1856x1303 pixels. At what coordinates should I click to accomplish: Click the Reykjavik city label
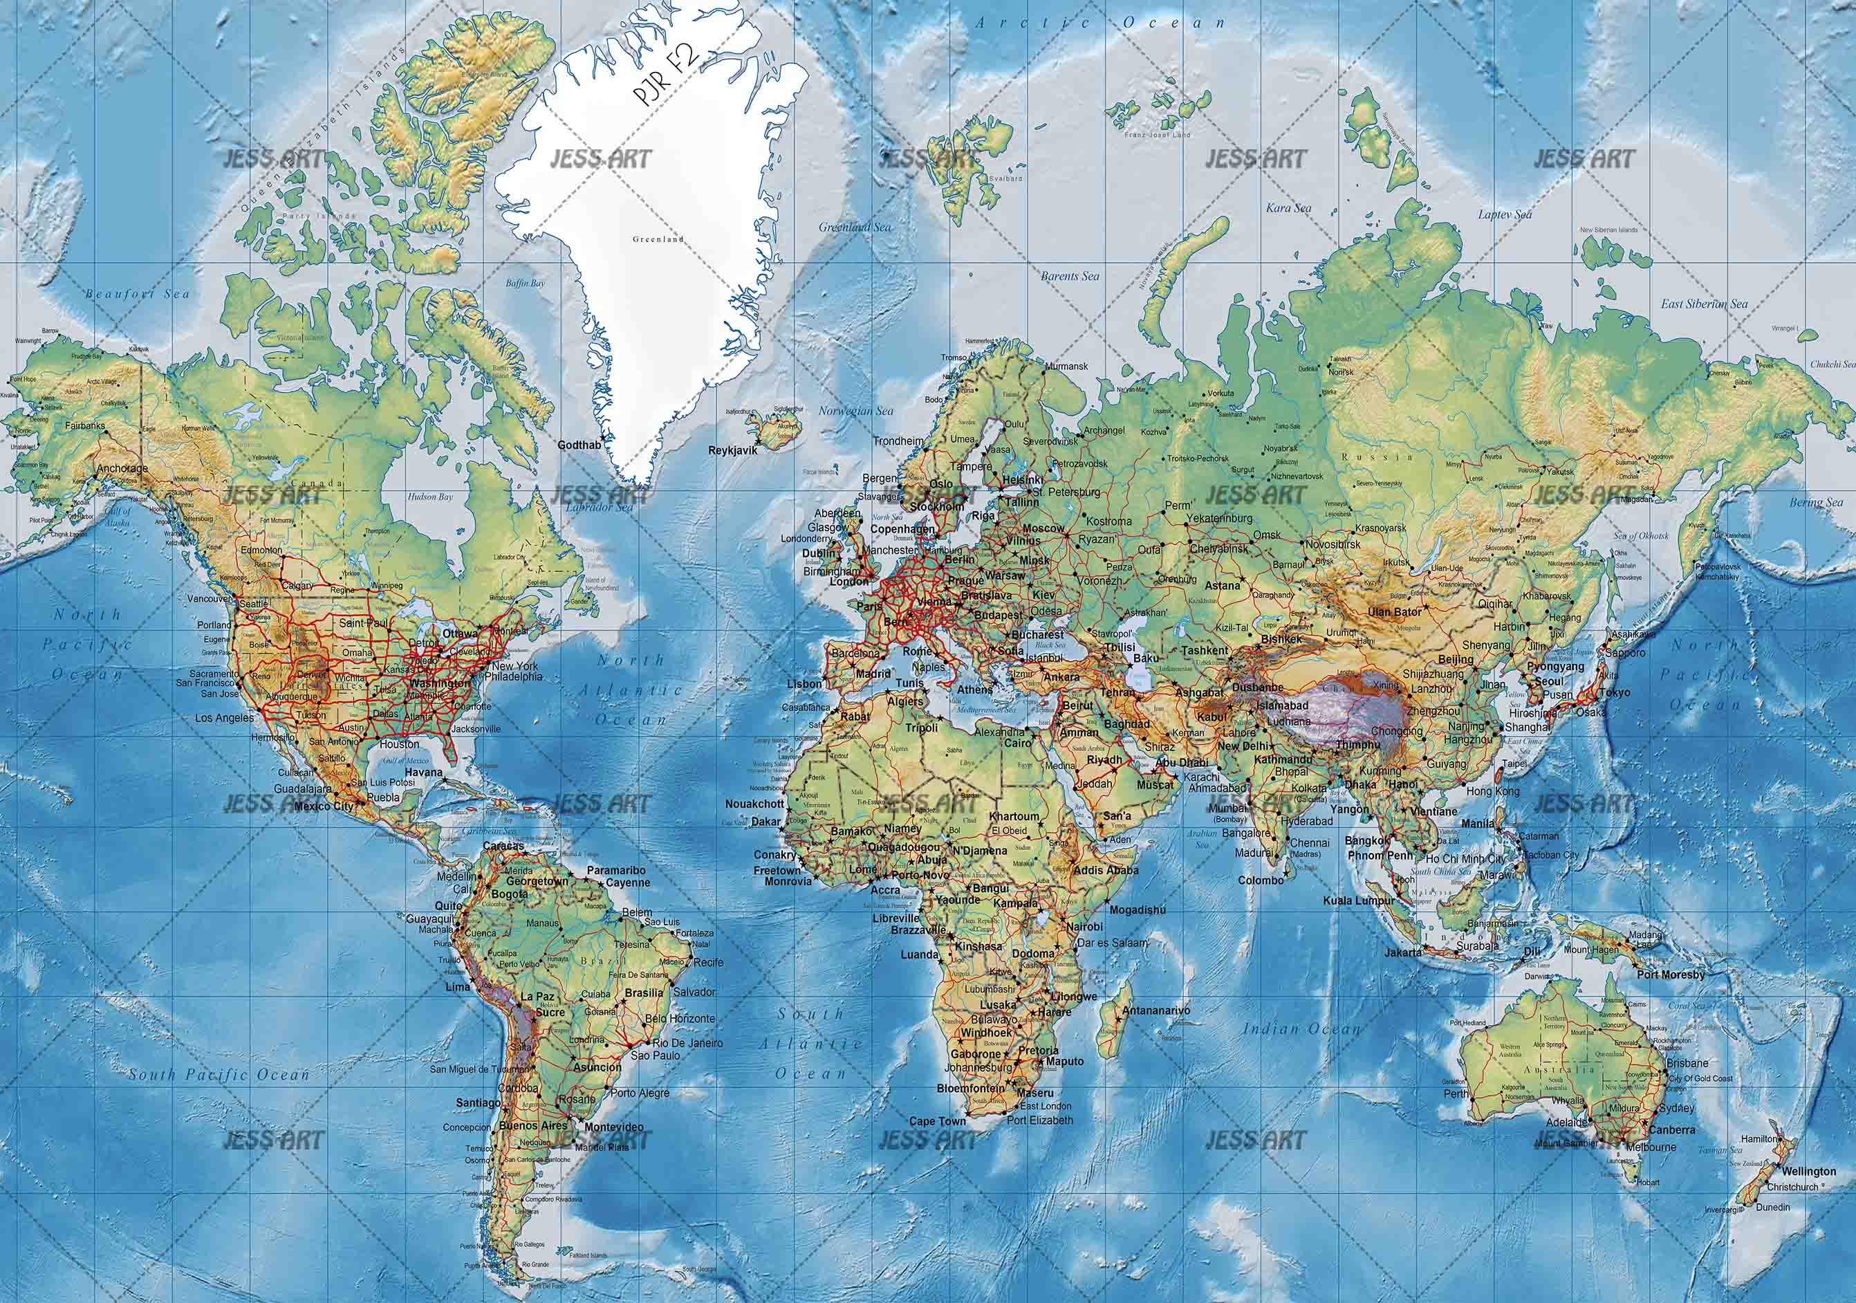click(x=732, y=451)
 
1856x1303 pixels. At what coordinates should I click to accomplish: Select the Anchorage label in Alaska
click(x=122, y=468)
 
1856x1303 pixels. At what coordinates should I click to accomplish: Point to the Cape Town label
click(x=938, y=1122)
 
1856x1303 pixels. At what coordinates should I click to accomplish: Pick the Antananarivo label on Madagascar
click(x=1157, y=1010)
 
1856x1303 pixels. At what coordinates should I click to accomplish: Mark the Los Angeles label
click(x=224, y=718)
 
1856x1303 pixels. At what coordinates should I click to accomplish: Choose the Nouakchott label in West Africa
click(x=754, y=804)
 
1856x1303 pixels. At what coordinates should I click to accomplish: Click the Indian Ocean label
click(x=1302, y=1029)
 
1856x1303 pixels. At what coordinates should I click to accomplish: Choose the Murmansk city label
click(x=1068, y=366)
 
